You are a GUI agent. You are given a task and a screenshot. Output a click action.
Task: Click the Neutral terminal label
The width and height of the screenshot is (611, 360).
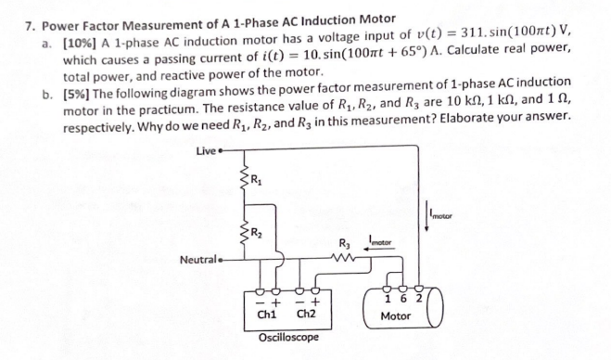[x=197, y=261]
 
